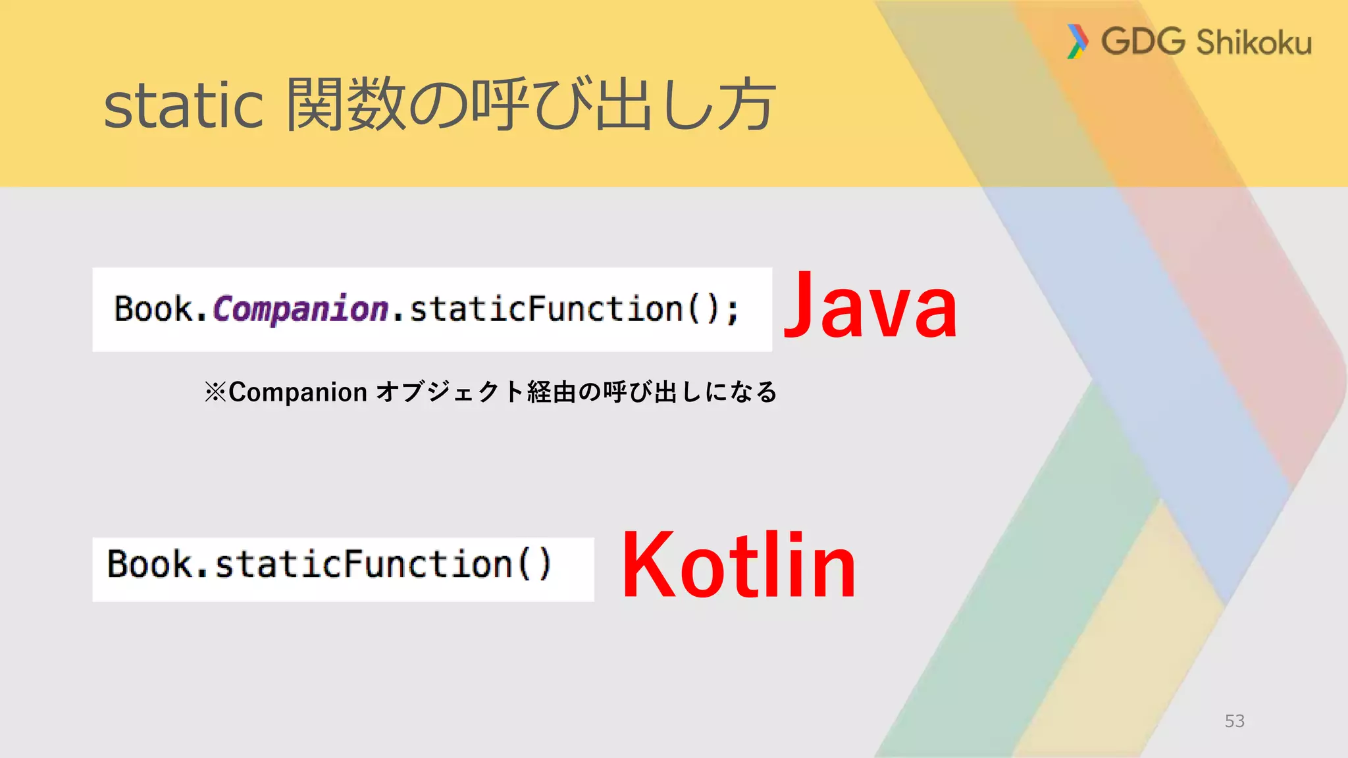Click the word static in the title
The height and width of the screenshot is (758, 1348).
pos(184,105)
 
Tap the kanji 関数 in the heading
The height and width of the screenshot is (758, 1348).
pos(345,104)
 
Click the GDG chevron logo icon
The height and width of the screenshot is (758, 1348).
pos(1077,41)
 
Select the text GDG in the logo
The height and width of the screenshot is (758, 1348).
pos(1143,41)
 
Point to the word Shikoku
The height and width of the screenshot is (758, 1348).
pos(1253,43)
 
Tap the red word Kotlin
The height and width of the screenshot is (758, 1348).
pos(739,566)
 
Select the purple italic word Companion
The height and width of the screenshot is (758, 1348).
pos(301,309)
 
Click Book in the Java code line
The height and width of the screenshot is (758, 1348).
pos(153,309)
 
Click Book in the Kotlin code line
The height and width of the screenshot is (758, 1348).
pos(149,565)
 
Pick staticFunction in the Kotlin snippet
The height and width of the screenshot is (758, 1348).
pos(363,565)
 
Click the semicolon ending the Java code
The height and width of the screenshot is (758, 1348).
pos(733,311)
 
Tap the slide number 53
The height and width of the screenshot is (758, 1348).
pos(1234,721)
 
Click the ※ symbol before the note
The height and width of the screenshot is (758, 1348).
pos(215,392)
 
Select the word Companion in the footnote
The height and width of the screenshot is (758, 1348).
pos(298,392)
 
